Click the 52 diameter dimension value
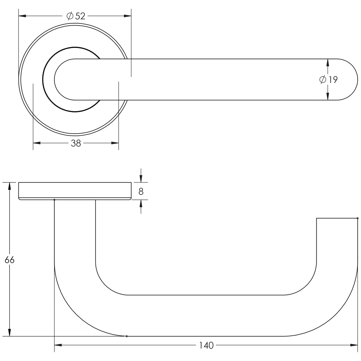80,16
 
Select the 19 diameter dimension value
333,80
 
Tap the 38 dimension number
76,143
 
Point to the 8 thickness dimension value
141,192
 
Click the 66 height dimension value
10,260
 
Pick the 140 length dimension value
206,346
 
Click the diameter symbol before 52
70,16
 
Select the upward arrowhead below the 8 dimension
141,203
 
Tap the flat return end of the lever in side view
337,219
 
